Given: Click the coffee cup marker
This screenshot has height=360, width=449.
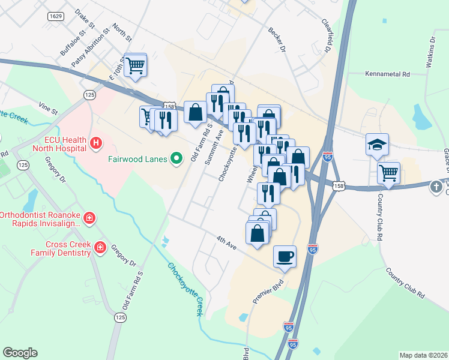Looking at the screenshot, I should click(x=285, y=256).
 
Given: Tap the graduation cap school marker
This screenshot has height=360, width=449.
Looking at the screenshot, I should click(x=378, y=145).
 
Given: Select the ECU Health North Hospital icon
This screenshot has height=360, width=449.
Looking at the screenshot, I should click(x=96, y=143).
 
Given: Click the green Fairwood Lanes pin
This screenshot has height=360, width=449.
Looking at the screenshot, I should click(x=176, y=159).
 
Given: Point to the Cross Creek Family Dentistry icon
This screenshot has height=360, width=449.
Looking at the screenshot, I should click(x=100, y=248).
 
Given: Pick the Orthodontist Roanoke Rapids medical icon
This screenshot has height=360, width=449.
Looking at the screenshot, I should click(x=89, y=217).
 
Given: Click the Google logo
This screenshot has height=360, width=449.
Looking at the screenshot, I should click(x=20, y=353).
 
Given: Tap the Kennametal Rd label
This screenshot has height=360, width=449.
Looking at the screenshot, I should click(x=387, y=74).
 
